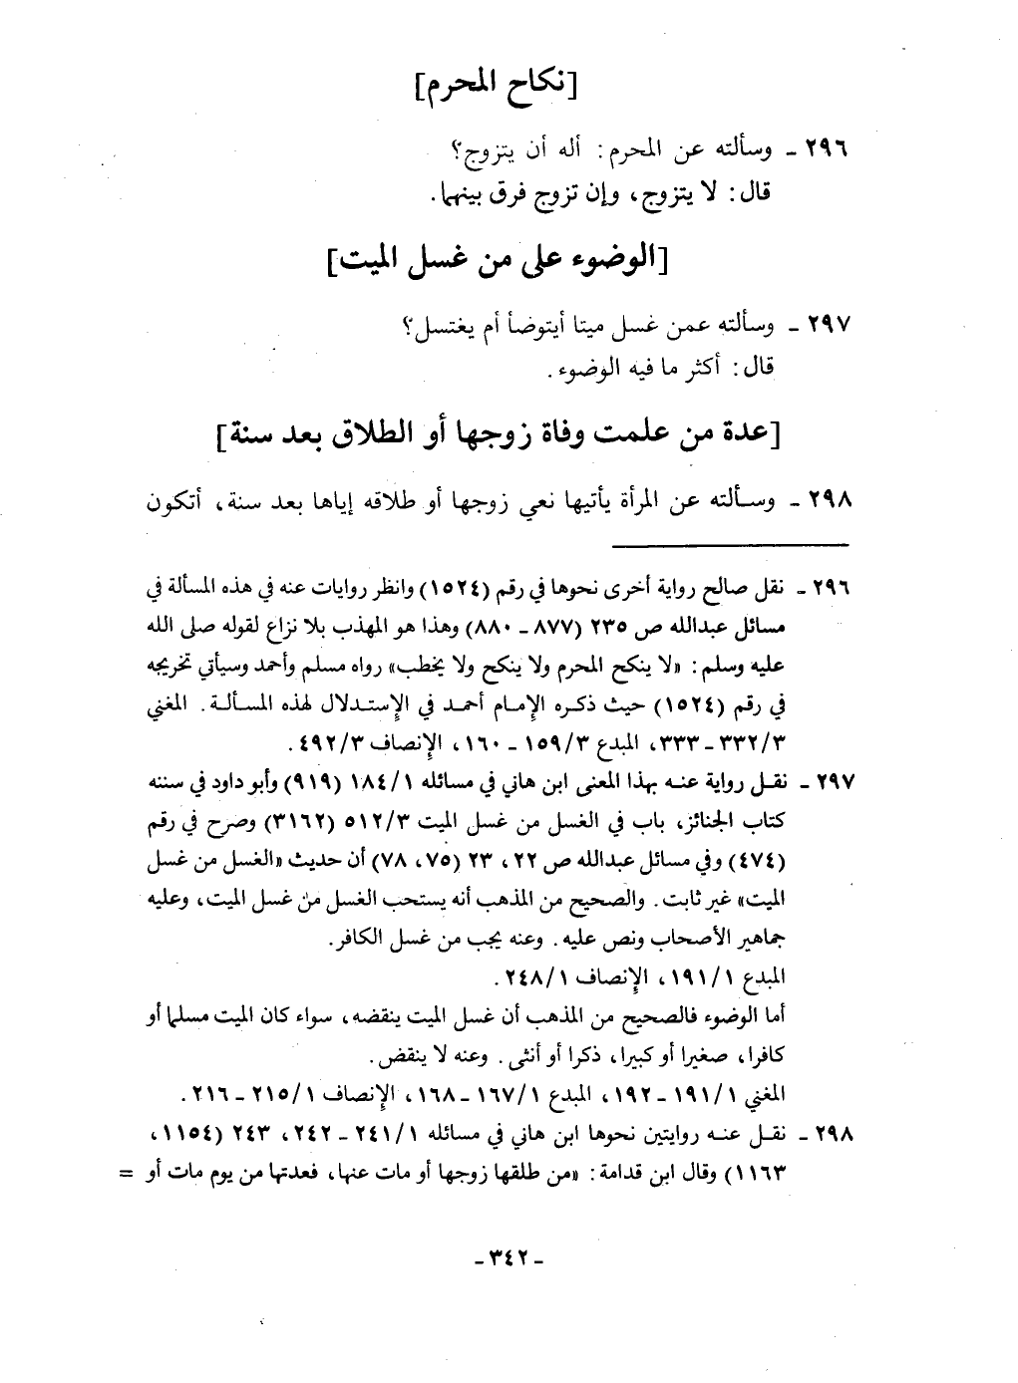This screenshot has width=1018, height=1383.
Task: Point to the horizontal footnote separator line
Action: (x=728, y=544)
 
